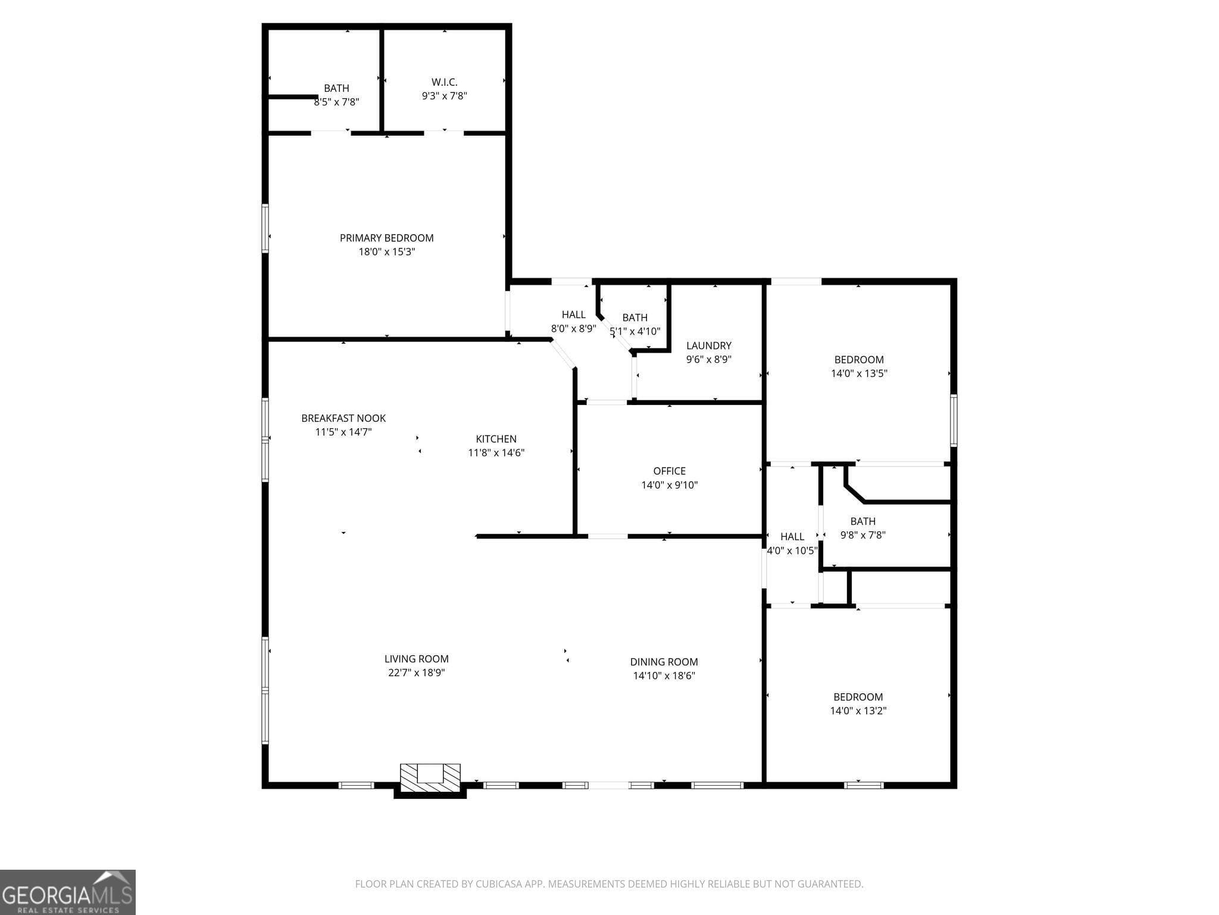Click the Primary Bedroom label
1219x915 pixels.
tap(386, 238)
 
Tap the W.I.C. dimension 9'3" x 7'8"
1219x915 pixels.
tap(444, 96)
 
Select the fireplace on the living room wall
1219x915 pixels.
tap(430, 778)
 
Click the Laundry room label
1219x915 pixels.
tap(708, 346)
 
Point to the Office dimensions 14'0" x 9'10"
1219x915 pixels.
tap(669, 485)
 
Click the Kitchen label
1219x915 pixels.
tap(496, 439)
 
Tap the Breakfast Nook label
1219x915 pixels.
tap(343, 418)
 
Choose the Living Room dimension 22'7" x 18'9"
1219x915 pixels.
tap(415, 673)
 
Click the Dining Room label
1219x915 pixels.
tap(664, 662)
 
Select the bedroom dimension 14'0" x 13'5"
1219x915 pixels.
tap(859, 374)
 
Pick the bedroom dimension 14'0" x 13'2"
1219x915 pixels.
tap(858, 711)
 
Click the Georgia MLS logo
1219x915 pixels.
tap(67, 892)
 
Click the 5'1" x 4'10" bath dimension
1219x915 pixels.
tap(635, 331)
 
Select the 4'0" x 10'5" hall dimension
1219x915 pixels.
tap(792, 551)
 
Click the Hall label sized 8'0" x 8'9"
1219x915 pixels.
tap(573, 315)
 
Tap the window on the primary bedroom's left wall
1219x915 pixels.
tap(265, 229)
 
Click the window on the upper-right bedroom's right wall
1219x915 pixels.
tap(953, 421)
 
